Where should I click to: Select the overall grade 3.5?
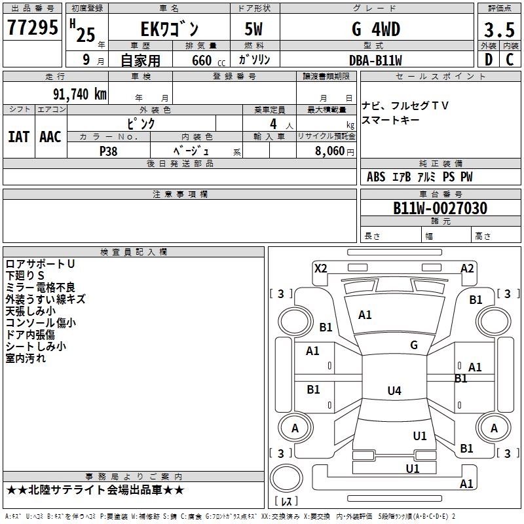(498, 30)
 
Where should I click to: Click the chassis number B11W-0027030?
(440, 208)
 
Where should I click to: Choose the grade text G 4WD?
(375, 29)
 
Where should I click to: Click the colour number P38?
(108, 150)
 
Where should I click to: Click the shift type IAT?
(18, 137)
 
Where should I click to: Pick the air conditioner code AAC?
(50, 137)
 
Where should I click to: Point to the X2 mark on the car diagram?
(320, 269)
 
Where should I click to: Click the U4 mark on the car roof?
(394, 391)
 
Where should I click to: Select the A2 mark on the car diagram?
(467, 269)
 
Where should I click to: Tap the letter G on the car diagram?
(414, 345)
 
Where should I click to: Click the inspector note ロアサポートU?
(40, 264)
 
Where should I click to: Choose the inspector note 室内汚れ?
(26, 358)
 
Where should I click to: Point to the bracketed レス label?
(286, 502)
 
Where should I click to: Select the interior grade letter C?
(510, 60)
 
